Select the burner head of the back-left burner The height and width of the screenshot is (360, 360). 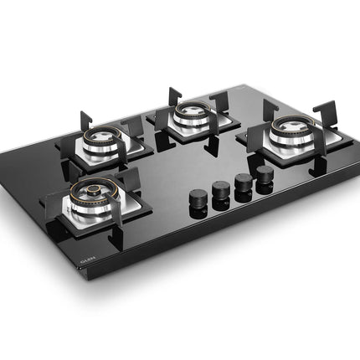point(108,133)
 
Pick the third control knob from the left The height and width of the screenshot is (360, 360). point(244,183)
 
